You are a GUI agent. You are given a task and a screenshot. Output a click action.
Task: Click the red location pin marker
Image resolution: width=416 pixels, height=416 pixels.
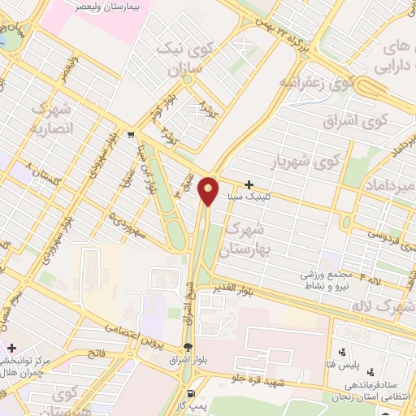pos(209,192)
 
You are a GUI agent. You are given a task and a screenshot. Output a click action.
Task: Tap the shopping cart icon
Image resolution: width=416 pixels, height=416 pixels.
pos(131,136)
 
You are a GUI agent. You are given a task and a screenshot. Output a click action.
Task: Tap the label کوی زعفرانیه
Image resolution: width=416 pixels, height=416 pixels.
pos(318,83)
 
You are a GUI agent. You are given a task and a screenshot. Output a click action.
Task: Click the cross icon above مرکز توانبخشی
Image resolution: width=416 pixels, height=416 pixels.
pos(11,347)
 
